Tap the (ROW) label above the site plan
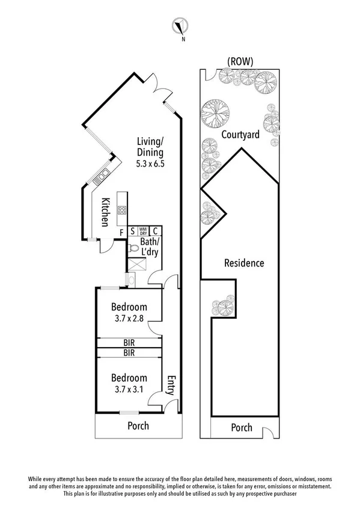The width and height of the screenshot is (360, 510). pyautogui.click(x=240, y=61)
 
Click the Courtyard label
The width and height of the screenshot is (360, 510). pyautogui.click(x=240, y=135)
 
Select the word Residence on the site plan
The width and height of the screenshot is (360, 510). pyautogui.click(x=244, y=263)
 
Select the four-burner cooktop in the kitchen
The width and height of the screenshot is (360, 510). pyautogui.click(x=122, y=210)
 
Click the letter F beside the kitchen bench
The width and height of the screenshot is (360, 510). pyautogui.click(x=121, y=231)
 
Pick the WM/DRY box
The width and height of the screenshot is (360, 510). pyautogui.click(x=143, y=230)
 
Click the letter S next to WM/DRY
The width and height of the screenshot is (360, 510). pyautogui.click(x=132, y=231)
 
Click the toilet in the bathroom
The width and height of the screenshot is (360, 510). pyautogui.click(x=135, y=248)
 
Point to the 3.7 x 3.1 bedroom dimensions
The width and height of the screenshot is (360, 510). pyautogui.click(x=129, y=389)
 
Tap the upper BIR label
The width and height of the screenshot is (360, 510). pyautogui.click(x=129, y=343)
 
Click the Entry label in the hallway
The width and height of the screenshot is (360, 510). pyautogui.click(x=171, y=385)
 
